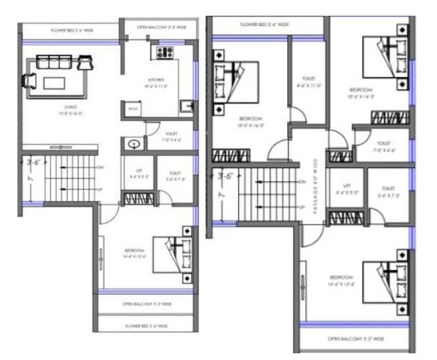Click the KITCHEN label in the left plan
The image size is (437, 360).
click(155, 83)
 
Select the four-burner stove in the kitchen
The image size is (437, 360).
click(165, 52)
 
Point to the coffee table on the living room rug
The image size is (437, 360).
click(57, 82)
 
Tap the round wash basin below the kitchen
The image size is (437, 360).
click(134, 145)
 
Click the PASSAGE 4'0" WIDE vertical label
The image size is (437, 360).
click(314, 185)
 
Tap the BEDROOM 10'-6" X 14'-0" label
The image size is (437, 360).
click(362, 93)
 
